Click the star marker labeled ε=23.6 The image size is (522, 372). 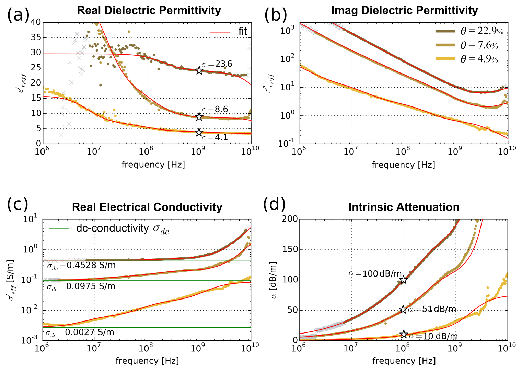tap(199, 70)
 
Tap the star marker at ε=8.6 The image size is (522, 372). tap(199, 117)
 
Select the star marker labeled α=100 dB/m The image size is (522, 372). tap(404, 280)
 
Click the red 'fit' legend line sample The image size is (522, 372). tap(220, 32)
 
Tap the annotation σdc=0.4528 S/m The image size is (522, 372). tap(81, 266)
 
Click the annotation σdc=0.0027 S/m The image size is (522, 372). tap(80, 332)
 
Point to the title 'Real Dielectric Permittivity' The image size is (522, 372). tap(149, 10)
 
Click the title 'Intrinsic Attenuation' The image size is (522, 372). tap(404, 207)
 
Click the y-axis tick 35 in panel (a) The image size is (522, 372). tap(36, 37)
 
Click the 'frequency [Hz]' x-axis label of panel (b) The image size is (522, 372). tap(404, 165)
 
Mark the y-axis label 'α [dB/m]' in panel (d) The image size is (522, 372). tap(274, 280)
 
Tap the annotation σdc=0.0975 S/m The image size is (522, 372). tap(81, 286)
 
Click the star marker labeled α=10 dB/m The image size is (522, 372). tap(404, 334)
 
